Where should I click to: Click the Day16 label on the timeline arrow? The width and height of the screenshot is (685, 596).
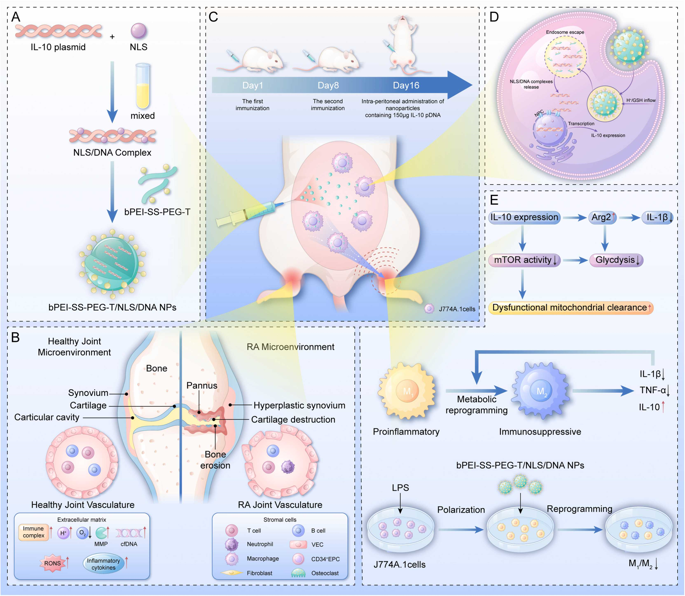click(406, 85)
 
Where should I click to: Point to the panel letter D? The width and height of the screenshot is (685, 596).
click(494, 17)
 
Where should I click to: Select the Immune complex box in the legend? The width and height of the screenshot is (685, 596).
click(34, 532)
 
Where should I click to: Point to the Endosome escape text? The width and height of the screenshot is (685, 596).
click(565, 32)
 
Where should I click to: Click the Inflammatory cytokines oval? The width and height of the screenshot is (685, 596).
click(103, 564)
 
